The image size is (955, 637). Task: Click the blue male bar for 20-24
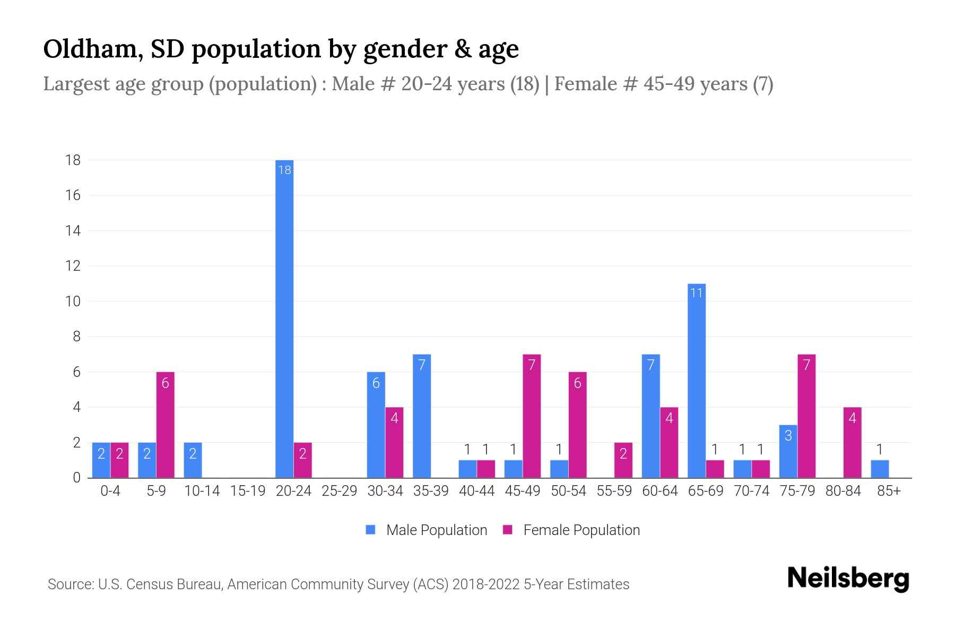(284, 318)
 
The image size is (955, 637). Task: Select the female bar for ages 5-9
(165, 425)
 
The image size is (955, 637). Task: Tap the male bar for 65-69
(697, 381)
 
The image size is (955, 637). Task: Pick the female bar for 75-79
(806, 416)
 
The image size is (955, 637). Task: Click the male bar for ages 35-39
(422, 416)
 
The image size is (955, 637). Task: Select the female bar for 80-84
(852, 442)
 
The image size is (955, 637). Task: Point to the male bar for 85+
(880, 469)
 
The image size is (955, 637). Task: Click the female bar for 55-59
(623, 460)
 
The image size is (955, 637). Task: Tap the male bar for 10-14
(193, 460)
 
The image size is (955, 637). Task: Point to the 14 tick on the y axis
(73, 230)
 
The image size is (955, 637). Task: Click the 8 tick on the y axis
(76, 337)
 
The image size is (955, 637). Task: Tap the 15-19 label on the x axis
(248, 491)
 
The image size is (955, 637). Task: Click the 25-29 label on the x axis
(340, 491)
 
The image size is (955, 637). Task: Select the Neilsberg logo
(848, 579)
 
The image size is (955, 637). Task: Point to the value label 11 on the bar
(696, 293)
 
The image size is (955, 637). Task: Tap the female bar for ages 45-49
(532, 416)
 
